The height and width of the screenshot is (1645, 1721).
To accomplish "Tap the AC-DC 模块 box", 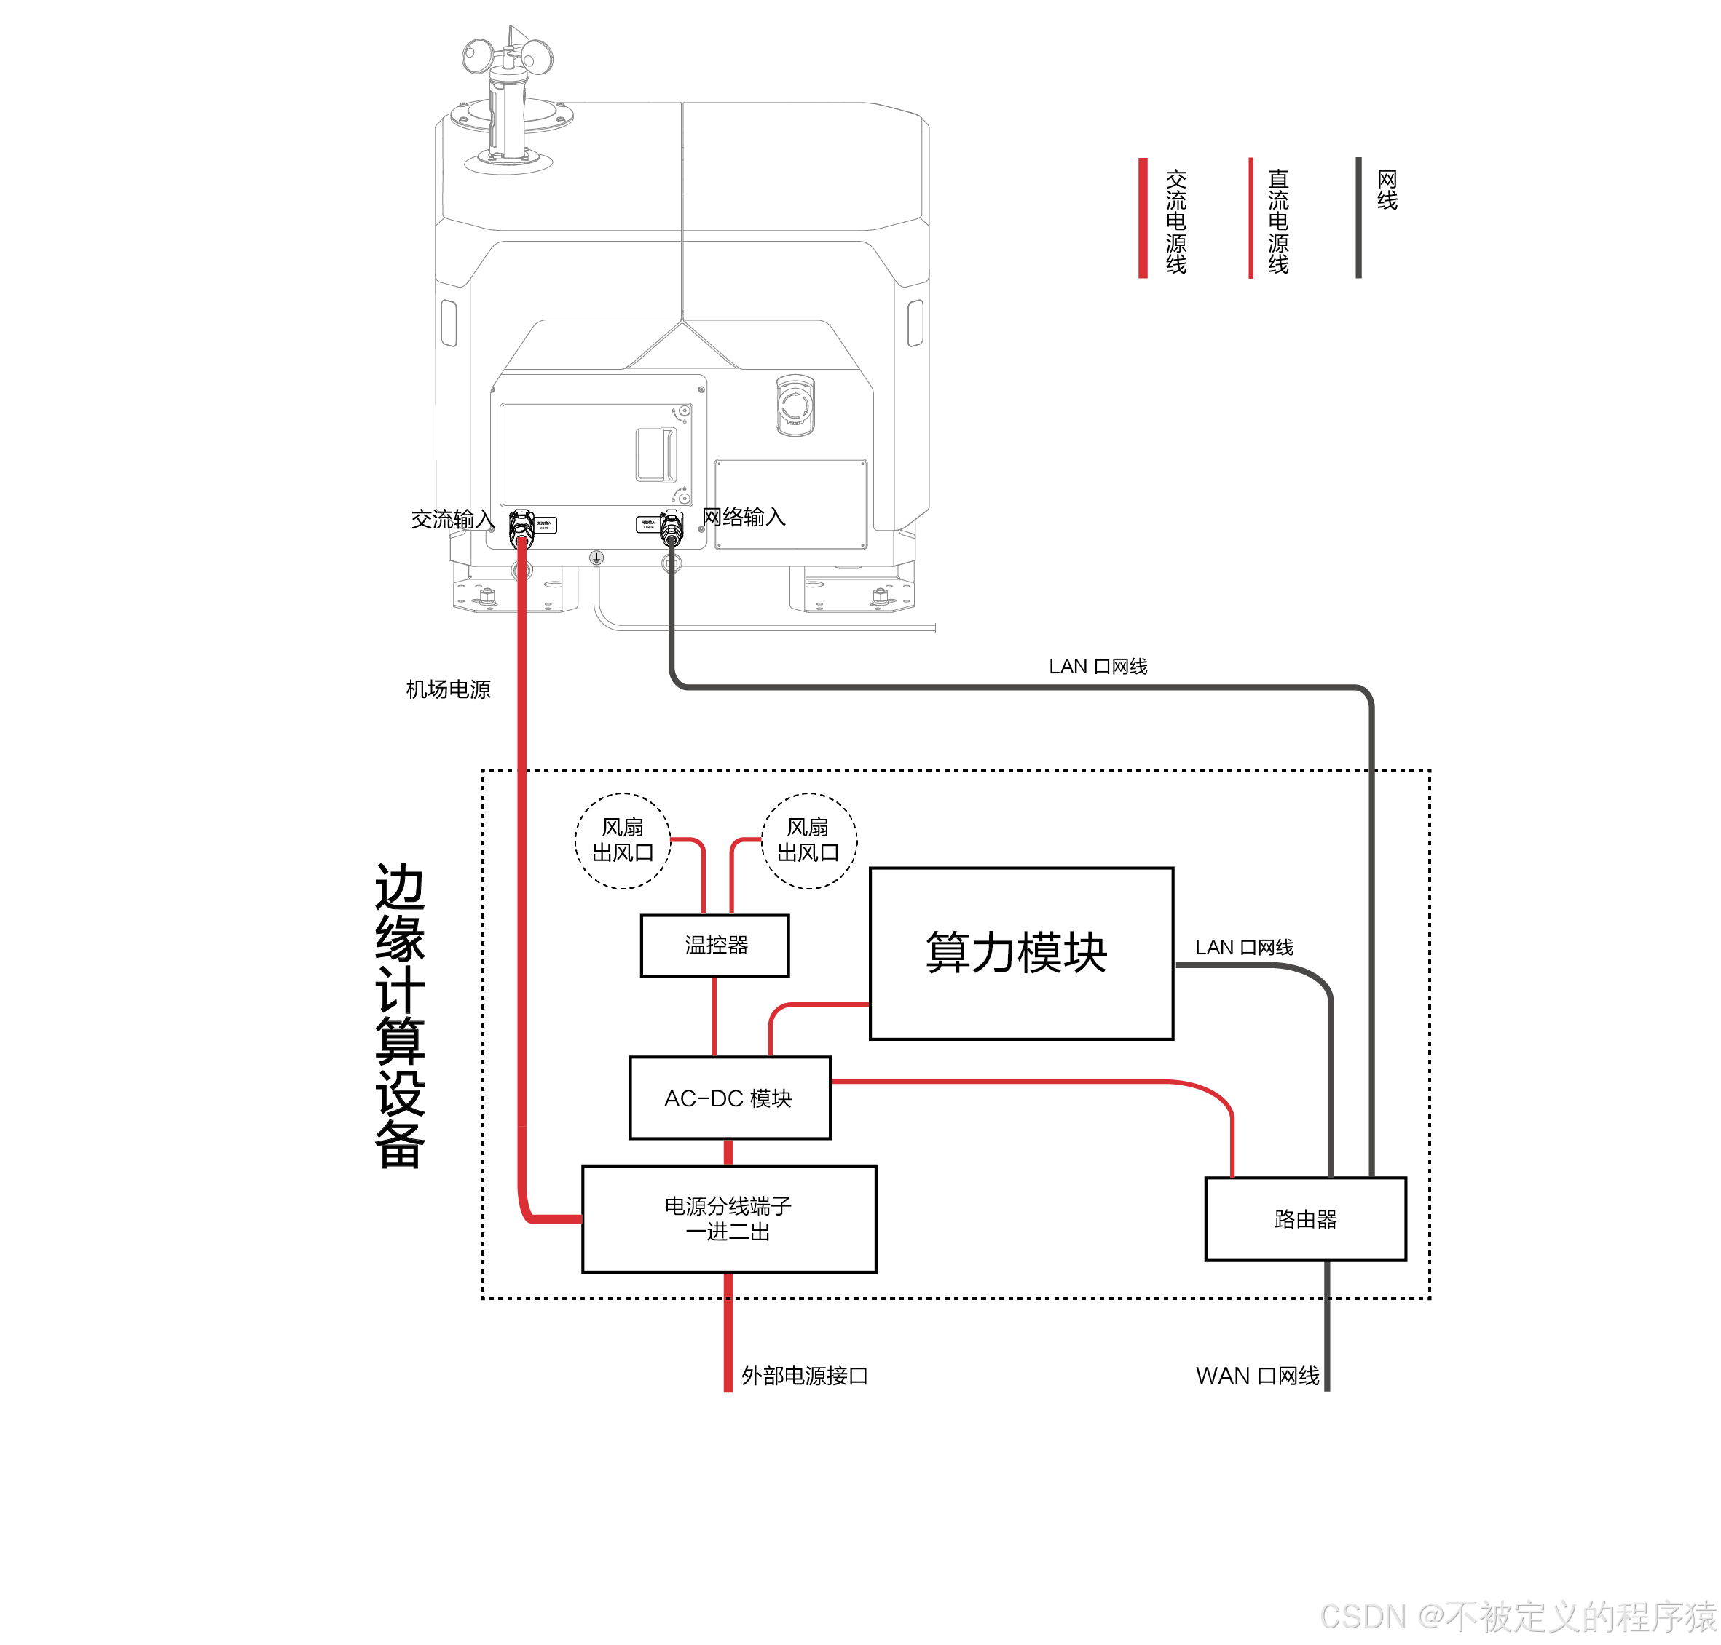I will [729, 1097].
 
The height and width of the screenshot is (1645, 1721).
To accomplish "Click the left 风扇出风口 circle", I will [622, 840].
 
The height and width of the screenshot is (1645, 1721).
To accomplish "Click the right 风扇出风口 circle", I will [808, 840].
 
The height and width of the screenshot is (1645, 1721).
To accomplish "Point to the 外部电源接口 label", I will [803, 1375].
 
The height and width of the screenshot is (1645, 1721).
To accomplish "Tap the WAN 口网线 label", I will [1256, 1375].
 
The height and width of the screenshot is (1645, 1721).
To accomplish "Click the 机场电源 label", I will [447, 689].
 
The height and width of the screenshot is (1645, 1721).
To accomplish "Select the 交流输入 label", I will [452, 519].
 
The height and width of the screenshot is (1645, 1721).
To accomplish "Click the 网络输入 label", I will [743, 517].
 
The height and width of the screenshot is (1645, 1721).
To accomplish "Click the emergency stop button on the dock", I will [795, 404].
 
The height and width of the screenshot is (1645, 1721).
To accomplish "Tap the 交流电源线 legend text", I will [1175, 221].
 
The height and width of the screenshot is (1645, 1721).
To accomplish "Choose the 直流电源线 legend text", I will [1278, 221].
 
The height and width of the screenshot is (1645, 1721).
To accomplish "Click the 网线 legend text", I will [1386, 189].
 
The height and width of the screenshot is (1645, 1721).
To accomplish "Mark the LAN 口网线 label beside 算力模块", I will [1243, 946].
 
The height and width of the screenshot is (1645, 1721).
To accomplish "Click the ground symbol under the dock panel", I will [596, 558].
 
